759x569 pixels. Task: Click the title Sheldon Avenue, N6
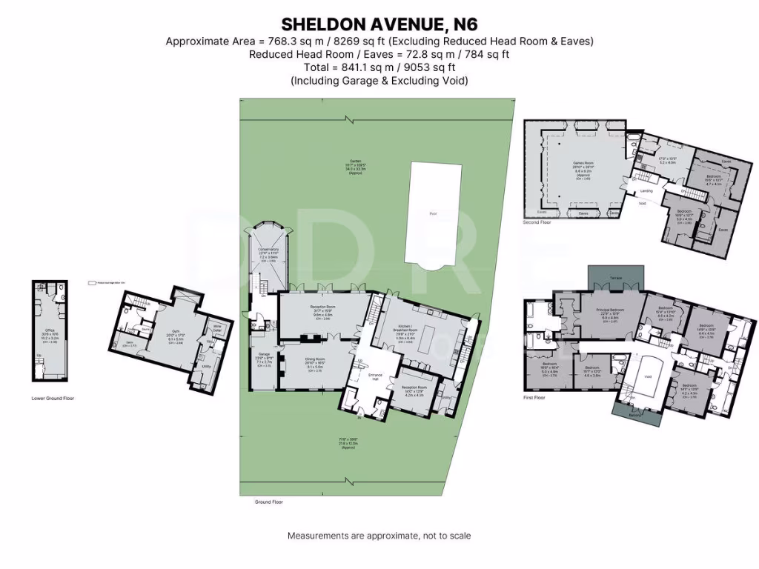coord(379,24)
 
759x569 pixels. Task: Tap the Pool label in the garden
coord(433,213)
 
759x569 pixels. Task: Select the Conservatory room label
coord(268,250)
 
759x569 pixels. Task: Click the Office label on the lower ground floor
coord(50,330)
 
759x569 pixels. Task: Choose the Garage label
coord(264,354)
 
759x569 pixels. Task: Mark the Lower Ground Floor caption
coord(53,399)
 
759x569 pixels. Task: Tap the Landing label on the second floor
coord(646,191)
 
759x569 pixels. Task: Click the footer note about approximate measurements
coord(379,535)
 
